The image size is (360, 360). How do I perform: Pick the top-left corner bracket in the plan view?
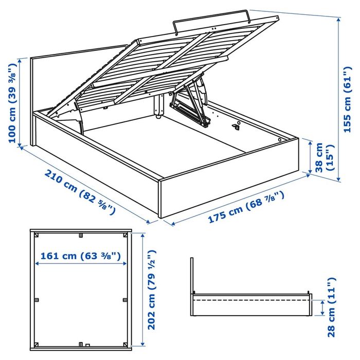[37, 236]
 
